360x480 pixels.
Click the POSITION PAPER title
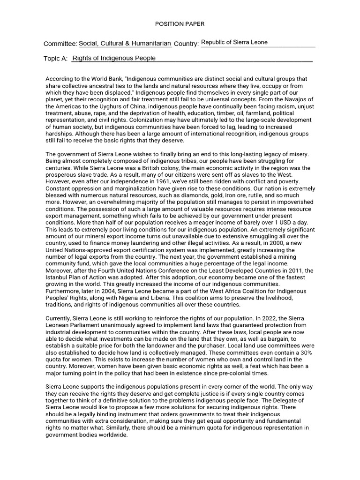(x=180, y=24)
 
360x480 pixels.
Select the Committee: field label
(x=60, y=44)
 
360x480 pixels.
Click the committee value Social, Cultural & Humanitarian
(x=125, y=43)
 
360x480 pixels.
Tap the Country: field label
(x=186, y=44)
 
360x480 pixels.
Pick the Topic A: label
(x=55, y=59)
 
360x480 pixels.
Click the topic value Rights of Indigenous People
(x=114, y=59)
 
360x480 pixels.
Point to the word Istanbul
(x=57, y=277)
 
